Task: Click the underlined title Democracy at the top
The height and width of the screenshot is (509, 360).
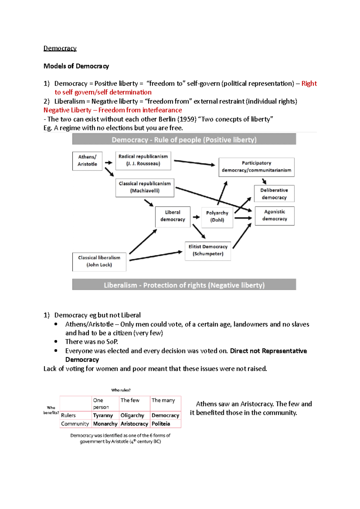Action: pyautogui.click(x=60, y=48)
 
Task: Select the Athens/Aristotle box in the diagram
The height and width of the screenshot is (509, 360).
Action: pyautogui.click(x=87, y=161)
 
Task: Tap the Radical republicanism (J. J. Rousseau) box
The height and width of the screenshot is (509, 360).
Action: pyautogui.click(x=143, y=161)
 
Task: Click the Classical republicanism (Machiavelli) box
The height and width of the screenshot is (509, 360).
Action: pyautogui.click(x=145, y=188)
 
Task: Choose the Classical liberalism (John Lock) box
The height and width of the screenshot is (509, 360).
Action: pyautogui.click(x=99, y=262)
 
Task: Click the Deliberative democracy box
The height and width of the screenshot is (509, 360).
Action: pyautogui.click(x=274, y=194)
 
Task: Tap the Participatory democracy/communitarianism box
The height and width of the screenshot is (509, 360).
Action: pyautogui.click(x=256, y=167)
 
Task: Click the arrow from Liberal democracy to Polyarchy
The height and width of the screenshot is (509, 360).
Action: pyautogui.click(x=196, y=217)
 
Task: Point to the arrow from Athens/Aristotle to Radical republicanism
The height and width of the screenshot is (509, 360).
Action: pyautogui.click(x=109, y=162)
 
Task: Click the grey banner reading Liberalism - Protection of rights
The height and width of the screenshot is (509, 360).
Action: pyautogui.click(x=184, y=285)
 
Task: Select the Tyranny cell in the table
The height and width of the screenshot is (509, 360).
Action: pyautogui.click(x=103, y=415)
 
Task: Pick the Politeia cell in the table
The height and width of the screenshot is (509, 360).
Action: pyautogui.click(x=161, y=424)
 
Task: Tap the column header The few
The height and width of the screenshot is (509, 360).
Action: pyautogui.click(x=130, y=400)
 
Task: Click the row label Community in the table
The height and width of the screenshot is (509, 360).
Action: pyautogui.click(x=75, y=424)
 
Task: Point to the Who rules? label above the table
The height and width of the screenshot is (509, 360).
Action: pyautogui.click(x=121, y=390)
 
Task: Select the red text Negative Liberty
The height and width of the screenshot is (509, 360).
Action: pyautogui.click(x=67, y=110)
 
